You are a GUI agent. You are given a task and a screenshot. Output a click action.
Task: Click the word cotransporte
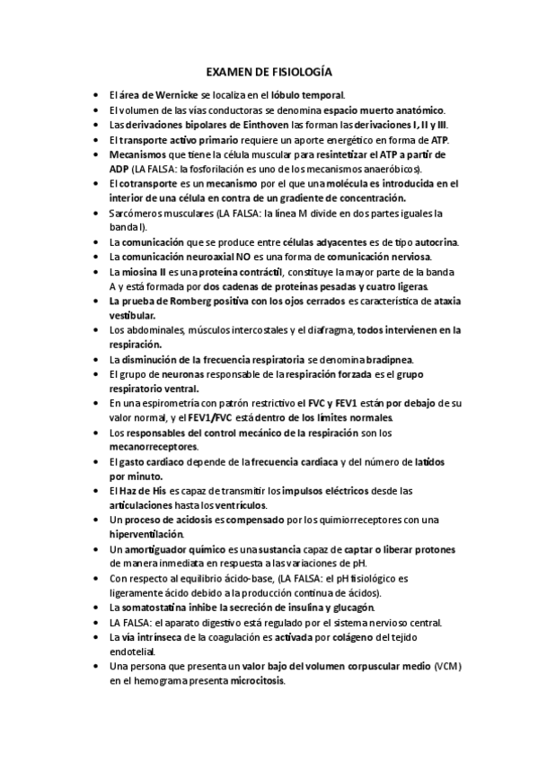tap(149, 183)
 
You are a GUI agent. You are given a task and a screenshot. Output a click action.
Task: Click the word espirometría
tap(180, 404)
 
